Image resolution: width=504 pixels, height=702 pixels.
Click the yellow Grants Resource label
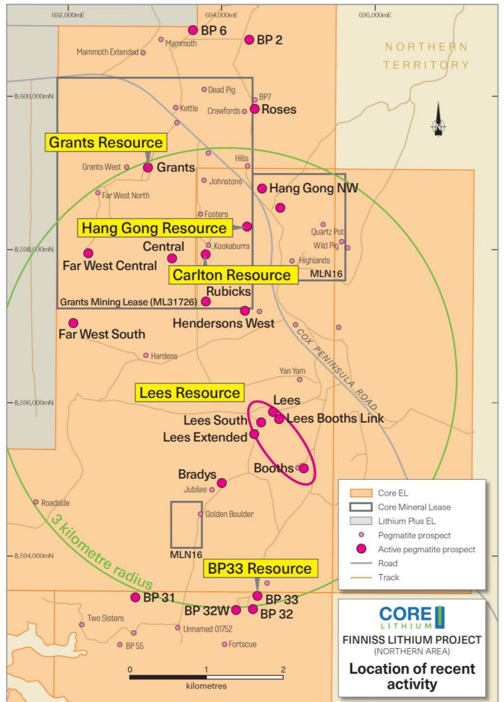(106, 142)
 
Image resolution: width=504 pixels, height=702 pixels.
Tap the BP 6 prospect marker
(193, 30)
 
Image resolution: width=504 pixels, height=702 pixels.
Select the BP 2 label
(270, 40)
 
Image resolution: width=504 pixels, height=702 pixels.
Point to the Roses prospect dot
(254, 109)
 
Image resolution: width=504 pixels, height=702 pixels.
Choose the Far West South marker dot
(73, 323)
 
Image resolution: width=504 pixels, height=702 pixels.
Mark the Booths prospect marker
(304, 468)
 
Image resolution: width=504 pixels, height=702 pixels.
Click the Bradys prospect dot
(222, 482)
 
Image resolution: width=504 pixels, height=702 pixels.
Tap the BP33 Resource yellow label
(259, 569)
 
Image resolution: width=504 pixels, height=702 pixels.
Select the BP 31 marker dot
(135, 597)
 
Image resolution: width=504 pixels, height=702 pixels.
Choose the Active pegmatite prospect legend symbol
(360, 549)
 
